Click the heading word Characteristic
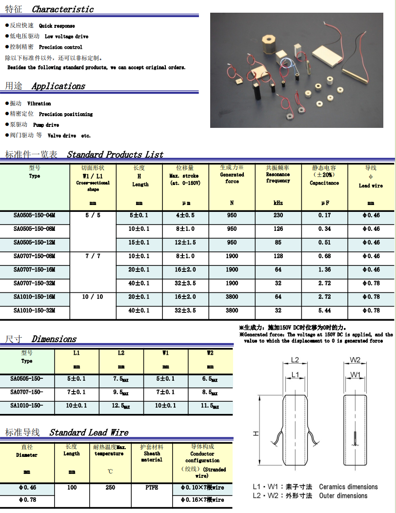tap(62, 9)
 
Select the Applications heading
tap(58, 86)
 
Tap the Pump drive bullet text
tap(46, 125)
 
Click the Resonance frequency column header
tap(278, 177)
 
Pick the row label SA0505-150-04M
tap(34, 215)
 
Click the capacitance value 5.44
tap(324, 310)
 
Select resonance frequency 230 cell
tap(278, 215)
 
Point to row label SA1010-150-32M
tap(34, 310)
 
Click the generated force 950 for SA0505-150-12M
tap(232, 243)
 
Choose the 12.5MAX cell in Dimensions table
tap(121, 406)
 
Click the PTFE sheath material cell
tap(152, 488)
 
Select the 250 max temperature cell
tap(110, 488)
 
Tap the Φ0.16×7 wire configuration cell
tap(202, 500)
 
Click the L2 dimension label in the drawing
tap(295, 360)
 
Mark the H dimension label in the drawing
tap(257, 433)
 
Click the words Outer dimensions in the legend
tap(343, 496)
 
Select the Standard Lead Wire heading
tap(89, 432)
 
